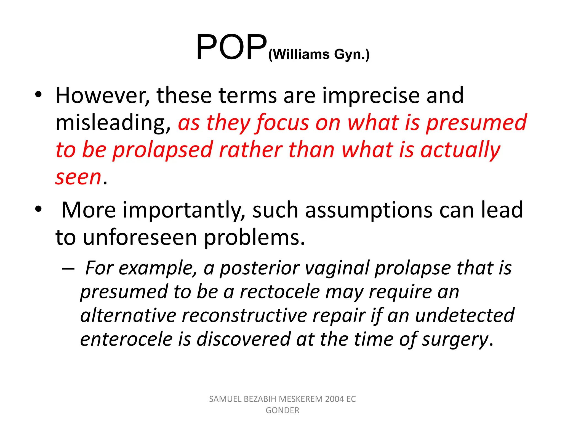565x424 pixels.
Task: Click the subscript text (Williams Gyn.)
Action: click(319, 54)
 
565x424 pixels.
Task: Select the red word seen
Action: click(79, 177)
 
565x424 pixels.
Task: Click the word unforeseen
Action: click(140, 238)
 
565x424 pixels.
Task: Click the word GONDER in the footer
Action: click(282, 410)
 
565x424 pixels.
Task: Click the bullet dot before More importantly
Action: click(38, 209)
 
